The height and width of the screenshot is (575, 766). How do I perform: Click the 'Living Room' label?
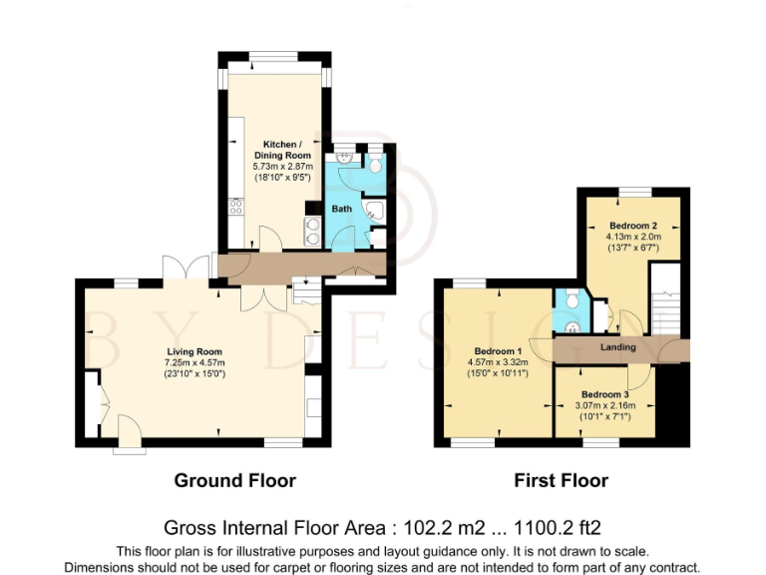[x=195, y=351]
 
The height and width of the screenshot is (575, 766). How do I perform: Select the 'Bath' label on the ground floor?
[x=342, y=210]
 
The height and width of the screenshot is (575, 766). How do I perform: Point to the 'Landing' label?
[x=618, y=347]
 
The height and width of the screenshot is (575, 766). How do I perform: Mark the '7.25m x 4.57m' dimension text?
[x=195, y=362]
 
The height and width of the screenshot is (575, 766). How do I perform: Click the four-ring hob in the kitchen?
[x=237, y=207]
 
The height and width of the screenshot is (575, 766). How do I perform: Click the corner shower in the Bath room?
[x=375, y=211]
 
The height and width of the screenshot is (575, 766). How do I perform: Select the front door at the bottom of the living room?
[x=128, y=437]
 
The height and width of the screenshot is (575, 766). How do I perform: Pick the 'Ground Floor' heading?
[x=234, y=480]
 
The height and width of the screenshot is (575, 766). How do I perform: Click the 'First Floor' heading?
[x=561, y=480]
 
